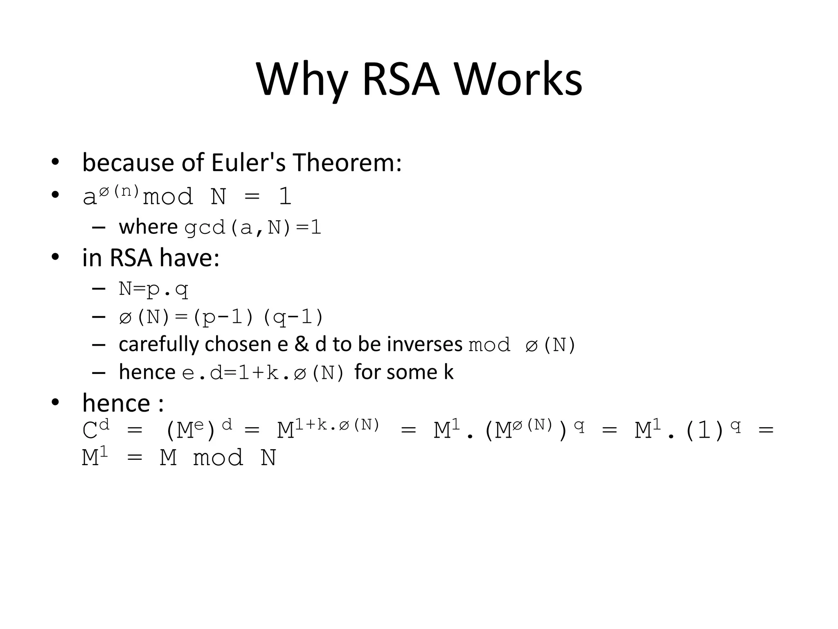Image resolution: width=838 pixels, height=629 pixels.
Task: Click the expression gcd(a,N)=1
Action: click(253, 228)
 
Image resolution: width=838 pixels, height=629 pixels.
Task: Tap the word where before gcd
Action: click(148, 227)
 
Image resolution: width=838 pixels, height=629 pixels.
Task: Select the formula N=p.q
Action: click(153, 289)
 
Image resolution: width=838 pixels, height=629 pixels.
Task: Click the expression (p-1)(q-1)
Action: click(258, 317)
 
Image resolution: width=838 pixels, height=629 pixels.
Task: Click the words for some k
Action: click(404, 372)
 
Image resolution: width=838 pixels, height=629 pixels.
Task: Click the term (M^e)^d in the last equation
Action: click(199, 429)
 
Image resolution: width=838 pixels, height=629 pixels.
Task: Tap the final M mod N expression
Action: click(218, 457)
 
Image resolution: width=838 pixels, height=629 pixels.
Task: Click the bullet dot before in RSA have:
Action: click(55, 258)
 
